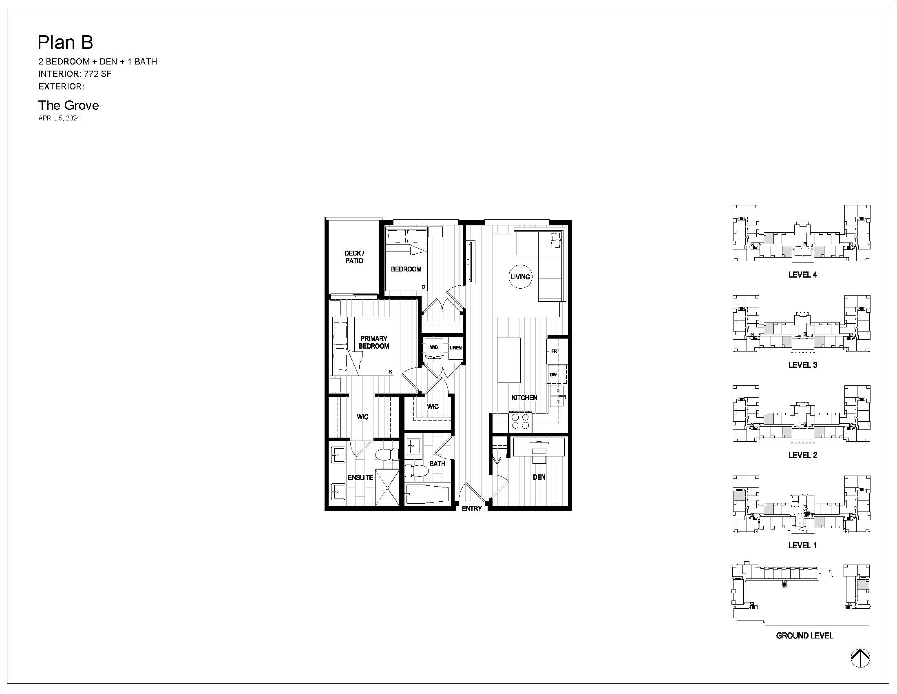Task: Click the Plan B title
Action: click(x=65, y=42)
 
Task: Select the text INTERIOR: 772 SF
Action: click(x=75, y=74)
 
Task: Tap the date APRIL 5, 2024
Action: click(x=59, y=118)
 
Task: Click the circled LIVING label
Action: click(x=520, y=277)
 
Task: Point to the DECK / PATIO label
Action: click(x=354, y=257)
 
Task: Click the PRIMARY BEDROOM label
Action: click(x=374, y=342)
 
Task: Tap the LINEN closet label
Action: click(x=455, y=348)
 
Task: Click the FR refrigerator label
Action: click(x=554, y=351)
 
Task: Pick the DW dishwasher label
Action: click(x=553, y=374)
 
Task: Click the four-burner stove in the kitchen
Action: click(x=520, y=421)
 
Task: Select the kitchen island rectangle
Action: click(x=509, y=360)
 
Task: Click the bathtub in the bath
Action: click(x=428, y=494)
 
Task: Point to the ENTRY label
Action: click(x=471, y=509)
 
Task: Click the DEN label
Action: click(x=539, y=477)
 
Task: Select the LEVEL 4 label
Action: click(x=802, y=275)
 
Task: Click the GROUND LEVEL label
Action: click(x=804, y=636)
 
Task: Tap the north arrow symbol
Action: click(x=860, y=658)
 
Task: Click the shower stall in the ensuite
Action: click(x=387, y=487)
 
